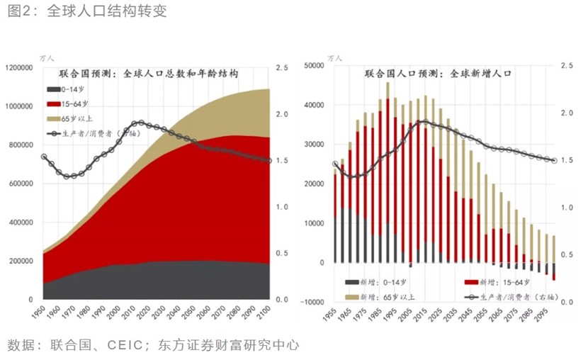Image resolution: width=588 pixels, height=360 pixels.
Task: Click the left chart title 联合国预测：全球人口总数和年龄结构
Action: pos(148,74)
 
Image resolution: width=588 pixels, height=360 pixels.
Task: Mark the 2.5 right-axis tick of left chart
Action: pos(282,68)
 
